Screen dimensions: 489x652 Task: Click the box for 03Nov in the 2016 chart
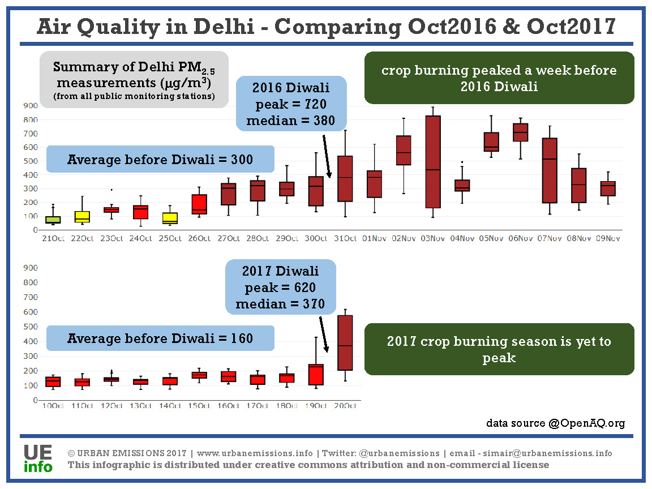[433, 162]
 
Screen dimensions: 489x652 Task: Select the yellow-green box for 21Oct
[53, 220]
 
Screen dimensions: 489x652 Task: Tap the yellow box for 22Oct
[82, 217]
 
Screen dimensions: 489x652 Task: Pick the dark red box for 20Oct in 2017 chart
[344, 343]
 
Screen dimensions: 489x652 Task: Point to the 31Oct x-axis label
[345, 238]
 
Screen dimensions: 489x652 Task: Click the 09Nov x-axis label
[608, 238]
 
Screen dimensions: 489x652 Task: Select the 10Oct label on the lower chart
[53, 406]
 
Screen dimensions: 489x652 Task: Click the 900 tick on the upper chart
[31, 106]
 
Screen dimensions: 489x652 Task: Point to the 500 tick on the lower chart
[31, 327]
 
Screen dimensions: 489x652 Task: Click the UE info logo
[38, 458]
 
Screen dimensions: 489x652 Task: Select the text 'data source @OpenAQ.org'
[555, 423]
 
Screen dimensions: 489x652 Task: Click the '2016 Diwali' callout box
[290, 104]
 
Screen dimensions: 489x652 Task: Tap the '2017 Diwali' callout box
[280, 288]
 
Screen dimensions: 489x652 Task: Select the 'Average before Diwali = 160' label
[160, 338]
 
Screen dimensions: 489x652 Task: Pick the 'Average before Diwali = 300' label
[160, 159]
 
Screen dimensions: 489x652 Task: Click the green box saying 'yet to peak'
[499, 349]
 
